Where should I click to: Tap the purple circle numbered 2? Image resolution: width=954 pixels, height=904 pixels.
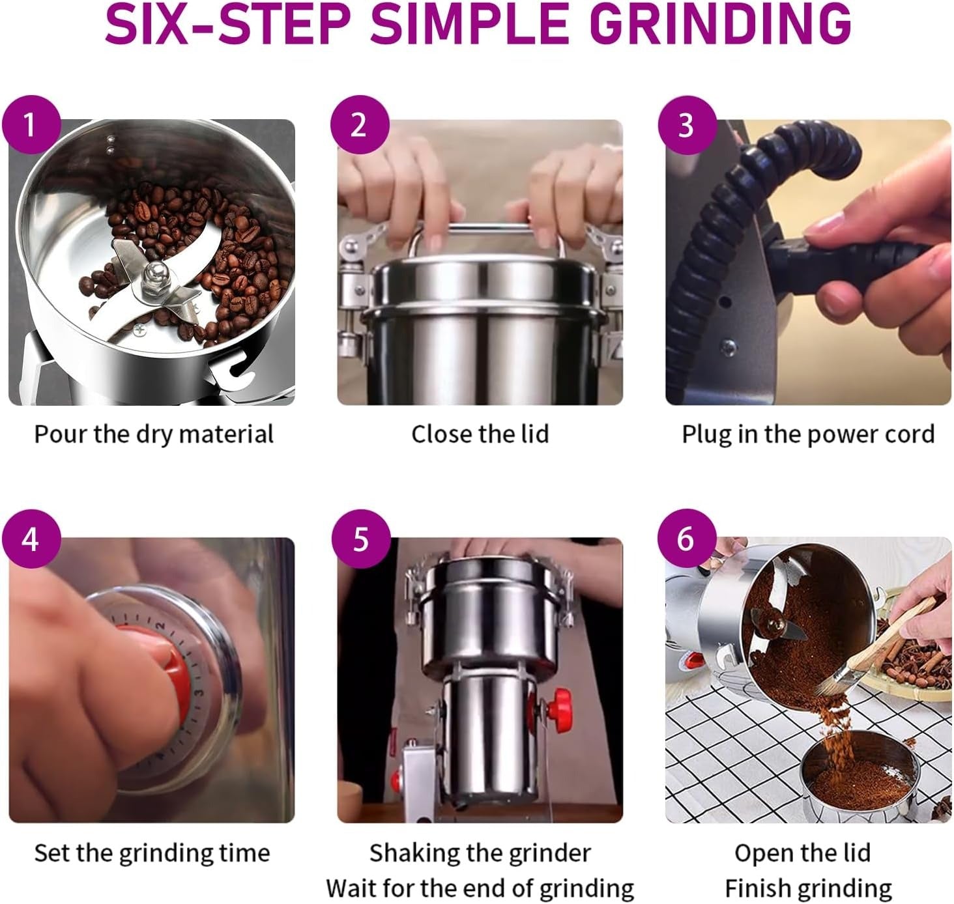pos(359,124)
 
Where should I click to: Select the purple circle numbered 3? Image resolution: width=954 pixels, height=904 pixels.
pos(687,124)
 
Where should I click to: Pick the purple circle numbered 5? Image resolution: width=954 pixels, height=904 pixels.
pos(360,539)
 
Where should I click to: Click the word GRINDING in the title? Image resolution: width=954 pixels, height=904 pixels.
pos(721,25)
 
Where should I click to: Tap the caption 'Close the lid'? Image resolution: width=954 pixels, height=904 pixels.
pos(480,434)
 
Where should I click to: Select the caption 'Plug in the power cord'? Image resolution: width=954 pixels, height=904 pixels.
pos(807,434)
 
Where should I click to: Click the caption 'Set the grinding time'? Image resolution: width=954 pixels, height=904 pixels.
pos(152,853)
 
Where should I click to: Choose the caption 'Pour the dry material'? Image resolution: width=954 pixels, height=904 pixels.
pos(154,434)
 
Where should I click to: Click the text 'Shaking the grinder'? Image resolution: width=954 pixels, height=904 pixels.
pos(480,853)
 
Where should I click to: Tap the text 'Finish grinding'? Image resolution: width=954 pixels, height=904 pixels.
pos(808,888)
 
